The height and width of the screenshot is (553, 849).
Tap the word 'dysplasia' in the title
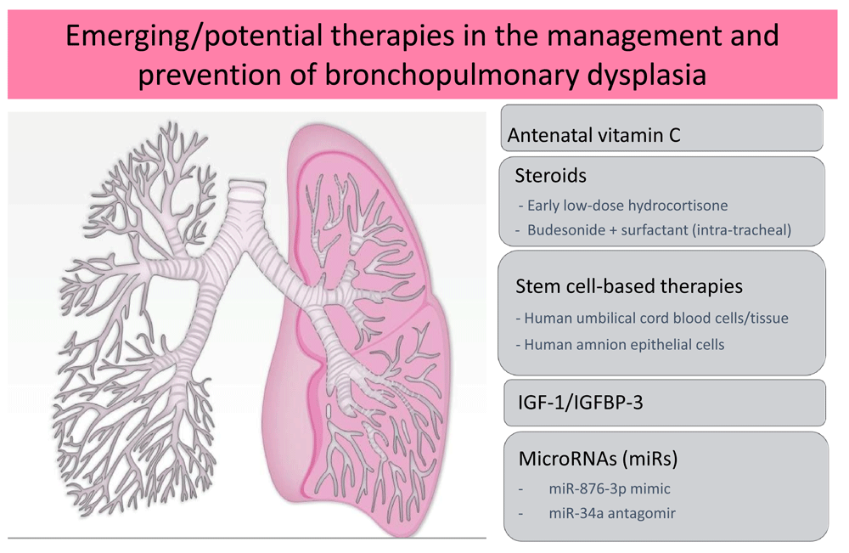648,76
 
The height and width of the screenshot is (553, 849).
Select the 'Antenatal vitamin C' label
594,135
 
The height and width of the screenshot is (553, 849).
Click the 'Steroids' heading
550,176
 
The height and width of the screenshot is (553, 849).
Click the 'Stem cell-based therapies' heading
628,286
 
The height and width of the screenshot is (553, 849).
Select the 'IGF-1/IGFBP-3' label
581,403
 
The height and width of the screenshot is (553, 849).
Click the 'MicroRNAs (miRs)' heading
598,459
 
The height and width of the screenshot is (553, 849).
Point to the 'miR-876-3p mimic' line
609,488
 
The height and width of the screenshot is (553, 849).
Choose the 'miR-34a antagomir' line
612,513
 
